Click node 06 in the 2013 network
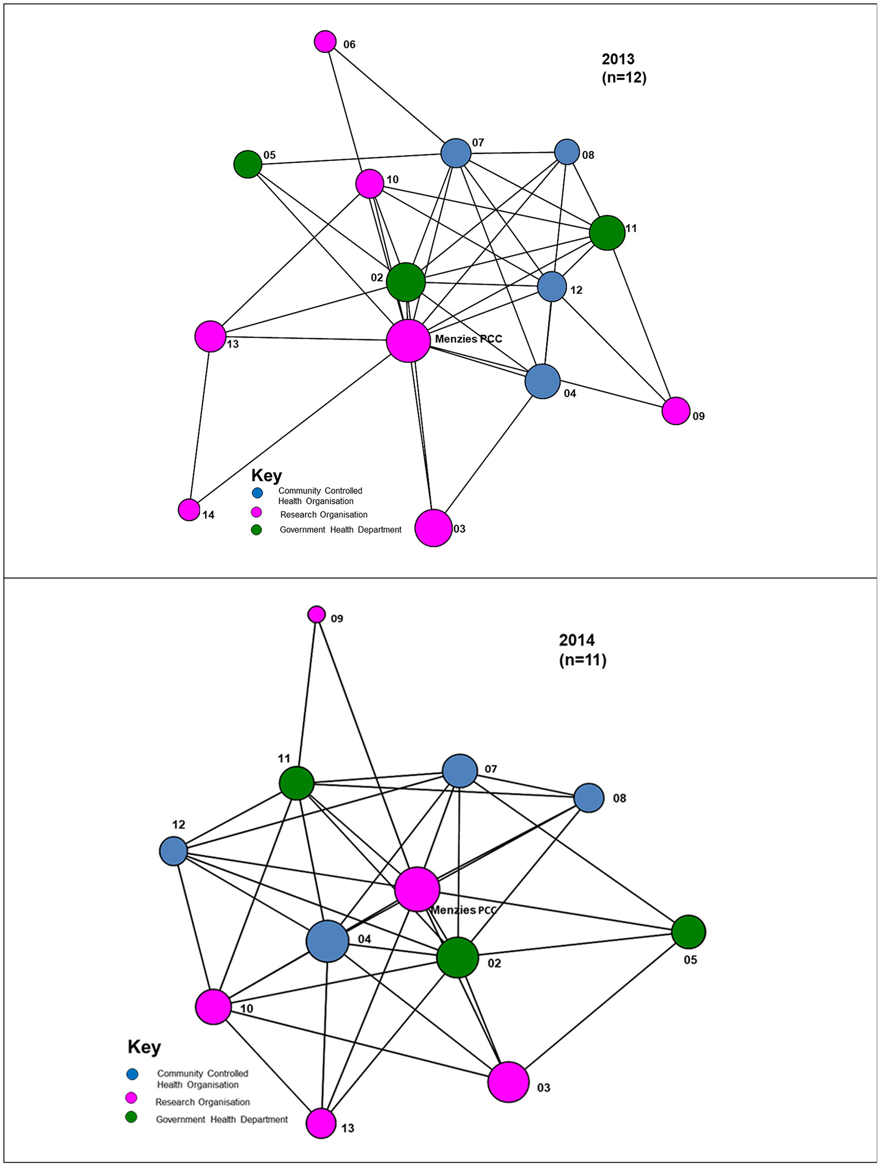tap(325, 41)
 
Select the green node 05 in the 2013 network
tap(248, 164)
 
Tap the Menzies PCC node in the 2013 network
tap(408, 340)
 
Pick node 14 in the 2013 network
tap(189, 509)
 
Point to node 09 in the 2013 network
tap(675, 410)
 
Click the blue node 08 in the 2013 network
tap(567, 152)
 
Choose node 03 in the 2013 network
tap(433, 527)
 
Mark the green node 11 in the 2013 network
tap(607, 232)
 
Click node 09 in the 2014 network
tap(317, 614)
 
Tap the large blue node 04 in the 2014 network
tap(328, 941)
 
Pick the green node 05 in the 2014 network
tap(688, 932)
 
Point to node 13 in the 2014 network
tap(321, 1123)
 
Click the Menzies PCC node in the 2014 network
tap(417, 889)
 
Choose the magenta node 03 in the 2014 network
tap(508, 1082)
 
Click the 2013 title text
tap(618, 59)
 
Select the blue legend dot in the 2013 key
tap(257, 493)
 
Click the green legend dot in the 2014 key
tap(131, 1117)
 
